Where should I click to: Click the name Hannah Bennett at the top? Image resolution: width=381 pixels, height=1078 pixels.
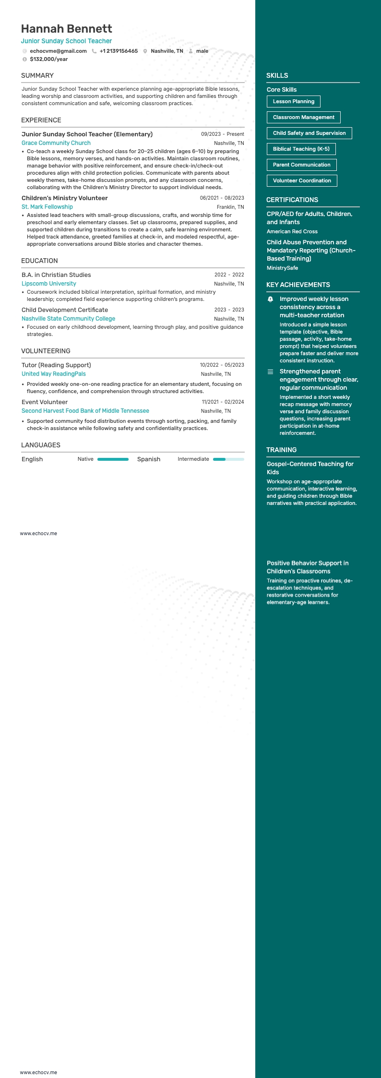click(x=66, y=29)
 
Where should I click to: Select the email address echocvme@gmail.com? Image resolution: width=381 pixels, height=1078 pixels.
click(x=58, y=51)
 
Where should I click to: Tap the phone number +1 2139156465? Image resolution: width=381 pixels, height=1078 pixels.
click(x=119, y=51)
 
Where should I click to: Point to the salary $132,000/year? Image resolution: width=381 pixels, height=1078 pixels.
click(x=48, y=59)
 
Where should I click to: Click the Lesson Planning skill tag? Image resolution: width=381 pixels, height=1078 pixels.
click(x=293, y=101)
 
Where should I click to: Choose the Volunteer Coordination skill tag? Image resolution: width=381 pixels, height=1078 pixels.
click(x=302, y=180)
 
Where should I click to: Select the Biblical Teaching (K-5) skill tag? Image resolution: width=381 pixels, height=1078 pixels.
click(x=301, y=149)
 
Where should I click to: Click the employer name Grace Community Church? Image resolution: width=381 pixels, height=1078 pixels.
click(x=56, y=143)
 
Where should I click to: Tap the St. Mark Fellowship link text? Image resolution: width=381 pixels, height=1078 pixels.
click(x=47, y=207)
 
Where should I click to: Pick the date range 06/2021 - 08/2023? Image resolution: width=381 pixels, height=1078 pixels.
click(x=222, y=198)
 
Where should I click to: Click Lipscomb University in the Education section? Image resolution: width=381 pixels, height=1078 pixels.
click(x=49, y=284)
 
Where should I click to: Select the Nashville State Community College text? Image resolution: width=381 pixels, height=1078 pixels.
click(x=68, y=319)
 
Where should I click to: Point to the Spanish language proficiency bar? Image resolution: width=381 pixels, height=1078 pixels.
click(x=228, y=459)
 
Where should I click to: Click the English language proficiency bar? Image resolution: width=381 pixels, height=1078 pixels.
click(x=113, y=459)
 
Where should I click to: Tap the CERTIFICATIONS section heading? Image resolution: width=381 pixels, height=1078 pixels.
click(x=292, y=200)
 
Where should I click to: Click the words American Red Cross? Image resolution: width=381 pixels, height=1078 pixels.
click(x=292, y=231)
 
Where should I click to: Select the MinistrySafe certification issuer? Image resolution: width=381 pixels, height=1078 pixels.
click(x=282, y=268)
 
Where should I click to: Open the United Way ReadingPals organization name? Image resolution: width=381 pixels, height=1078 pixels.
click(x=54, y=374)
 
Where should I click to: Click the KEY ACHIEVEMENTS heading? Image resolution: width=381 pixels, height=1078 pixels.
click(x=298, y=285)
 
